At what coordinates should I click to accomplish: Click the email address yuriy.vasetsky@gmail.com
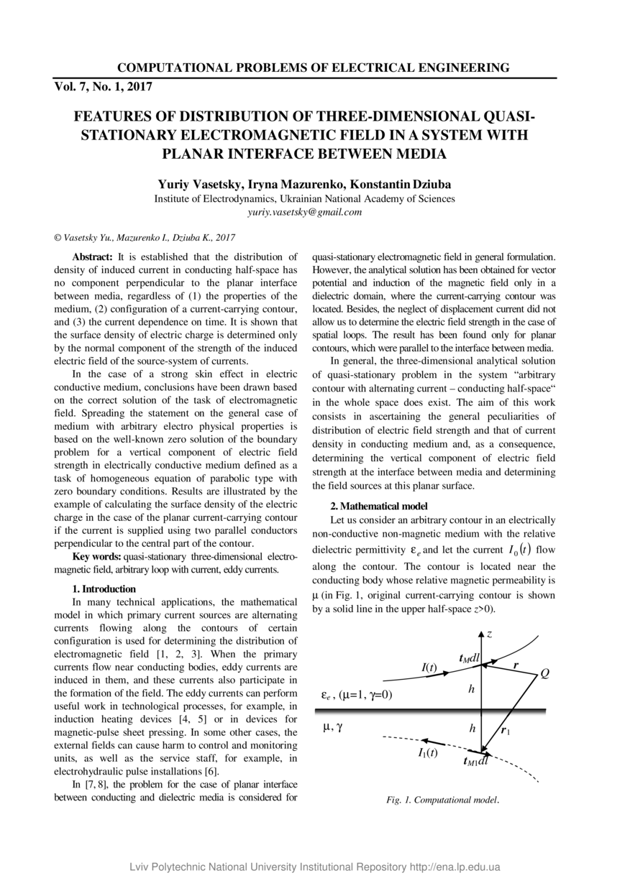[x=304, y=213]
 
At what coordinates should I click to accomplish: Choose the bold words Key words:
[x=97, y=557]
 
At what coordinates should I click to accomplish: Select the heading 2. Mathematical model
[x=378, y=506]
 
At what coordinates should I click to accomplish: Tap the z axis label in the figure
[x=489, y=634]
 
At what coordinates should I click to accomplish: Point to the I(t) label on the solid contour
[x=429, y=668]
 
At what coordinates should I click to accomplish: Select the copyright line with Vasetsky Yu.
[x=145, y=237]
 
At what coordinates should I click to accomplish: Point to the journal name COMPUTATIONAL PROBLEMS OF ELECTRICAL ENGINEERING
[x=314, y=68]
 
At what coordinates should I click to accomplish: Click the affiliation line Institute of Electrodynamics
[x=304, y=199]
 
